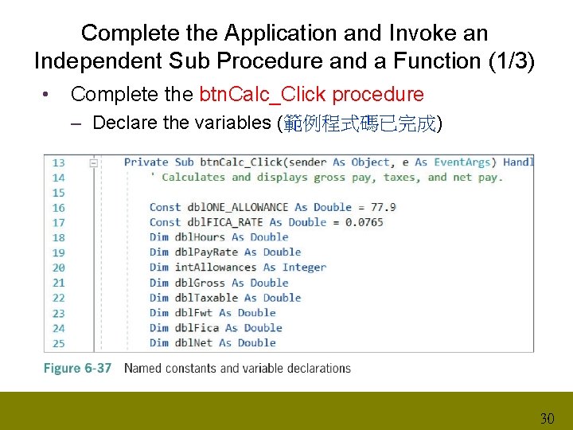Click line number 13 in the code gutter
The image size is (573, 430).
(x=59, y=162)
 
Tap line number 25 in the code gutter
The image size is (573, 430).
(x=59, y=343)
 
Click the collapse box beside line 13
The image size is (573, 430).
(x=94, y=162)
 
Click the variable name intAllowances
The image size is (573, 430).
(x=215, y=268)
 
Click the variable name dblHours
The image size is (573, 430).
(x=200, y=237)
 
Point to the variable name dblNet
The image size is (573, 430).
(x=193, y=343)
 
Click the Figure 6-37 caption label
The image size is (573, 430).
(x=77, y=369)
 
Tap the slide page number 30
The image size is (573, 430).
(x=547, y=418)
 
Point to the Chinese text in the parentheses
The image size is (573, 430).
(x=360, y=123)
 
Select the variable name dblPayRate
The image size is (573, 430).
(x=205, y=252)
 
